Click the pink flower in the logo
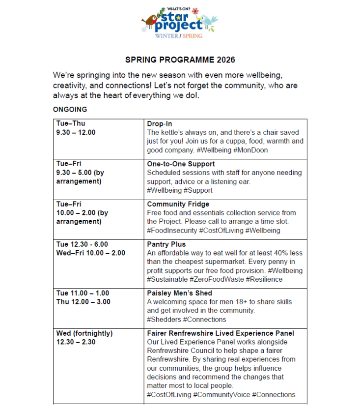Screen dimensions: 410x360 (195, 10)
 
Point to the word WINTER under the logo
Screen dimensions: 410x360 (166, 36)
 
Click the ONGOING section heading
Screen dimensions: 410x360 (70, 110)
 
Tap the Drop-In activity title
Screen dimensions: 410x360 (159, 124)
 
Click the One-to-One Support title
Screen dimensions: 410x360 (181, 164)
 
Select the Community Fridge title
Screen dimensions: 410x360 (178, 204)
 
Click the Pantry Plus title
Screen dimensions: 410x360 (166, 244)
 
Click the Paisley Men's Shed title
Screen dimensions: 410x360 (179, 293)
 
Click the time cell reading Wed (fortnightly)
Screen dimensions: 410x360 (84, 333)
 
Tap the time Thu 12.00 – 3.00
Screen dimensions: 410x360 (83, 302)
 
